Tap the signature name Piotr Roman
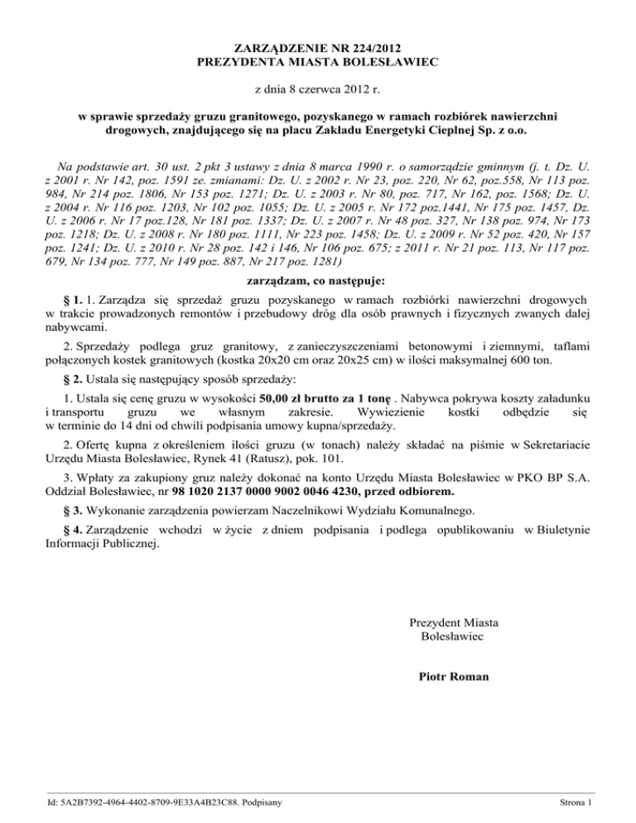(454, 676)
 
